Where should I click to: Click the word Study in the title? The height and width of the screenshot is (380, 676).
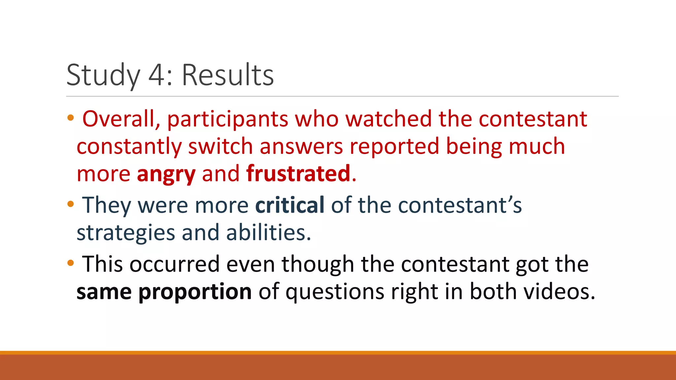click(x=103, y=75)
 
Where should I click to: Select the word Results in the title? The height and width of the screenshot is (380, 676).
click(x=228, y=75)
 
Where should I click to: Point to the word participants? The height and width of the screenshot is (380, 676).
click(x=228, y=119)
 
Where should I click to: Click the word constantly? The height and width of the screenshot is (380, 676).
click(x=129, y=147)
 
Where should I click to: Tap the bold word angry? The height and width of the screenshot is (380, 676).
click(x=166, y=174)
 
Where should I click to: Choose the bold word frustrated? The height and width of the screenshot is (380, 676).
click(x=298, y=174)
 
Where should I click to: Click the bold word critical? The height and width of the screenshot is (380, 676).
click(x=290, y=205)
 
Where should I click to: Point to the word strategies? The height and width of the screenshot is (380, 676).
click(x=126, y=233)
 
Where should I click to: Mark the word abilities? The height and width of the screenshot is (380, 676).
click(x=268, y=232)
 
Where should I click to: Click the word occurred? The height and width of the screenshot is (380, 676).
click(x=174, y=264)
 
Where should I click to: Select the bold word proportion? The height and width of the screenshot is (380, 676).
click(x=195, y=292)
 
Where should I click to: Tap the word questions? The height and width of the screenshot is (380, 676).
click(x=335, y=292)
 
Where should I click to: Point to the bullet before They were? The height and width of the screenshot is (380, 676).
click(x=70, y=204)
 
